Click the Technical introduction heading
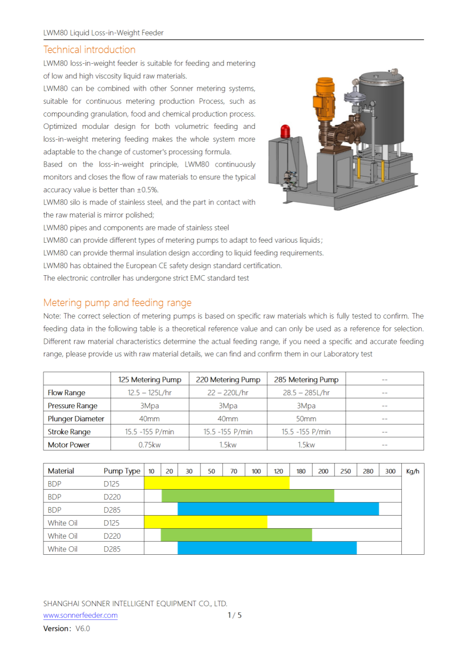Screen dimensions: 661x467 coord(89,50)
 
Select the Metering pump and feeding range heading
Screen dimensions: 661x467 coord(117,303)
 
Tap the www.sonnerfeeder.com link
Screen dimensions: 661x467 coord(80,615)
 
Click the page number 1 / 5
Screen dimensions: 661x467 coord(234,615)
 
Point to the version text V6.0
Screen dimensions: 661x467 coord(83,628)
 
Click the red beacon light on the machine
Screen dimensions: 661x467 coord(285,131)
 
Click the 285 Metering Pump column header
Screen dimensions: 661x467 coord(306,380)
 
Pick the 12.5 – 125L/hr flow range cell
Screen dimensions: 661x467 coord(150,393)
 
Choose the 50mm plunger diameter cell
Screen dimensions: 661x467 coord(306,419)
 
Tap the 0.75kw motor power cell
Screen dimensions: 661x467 coord(150,445)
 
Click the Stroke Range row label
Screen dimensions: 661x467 coord(69,432)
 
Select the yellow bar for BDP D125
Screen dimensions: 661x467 coord(217,483)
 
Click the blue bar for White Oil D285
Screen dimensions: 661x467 coord(267,548)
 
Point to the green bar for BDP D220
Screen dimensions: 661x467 coord(248,496)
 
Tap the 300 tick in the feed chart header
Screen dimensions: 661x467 coord(390,471)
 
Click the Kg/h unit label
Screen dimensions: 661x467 coord(412,471)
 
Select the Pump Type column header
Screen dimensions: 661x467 coord(122,471)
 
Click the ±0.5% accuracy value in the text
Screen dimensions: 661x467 coord(148,190)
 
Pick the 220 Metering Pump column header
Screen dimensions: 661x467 coord(228,380)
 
